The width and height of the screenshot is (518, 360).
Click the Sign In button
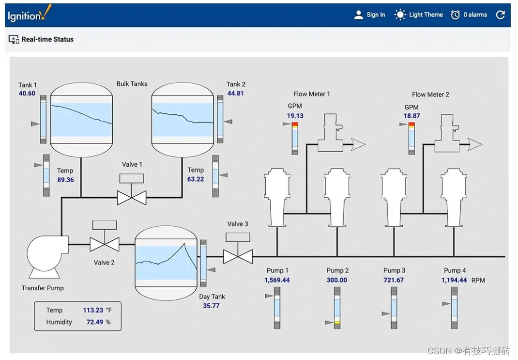coord(370,15)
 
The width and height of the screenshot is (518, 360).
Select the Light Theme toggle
coord(419,15)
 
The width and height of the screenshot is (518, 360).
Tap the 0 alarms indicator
coord(469,15)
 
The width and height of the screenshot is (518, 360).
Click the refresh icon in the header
coord(501,15)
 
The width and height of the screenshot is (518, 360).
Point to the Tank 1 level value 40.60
coord(27,94)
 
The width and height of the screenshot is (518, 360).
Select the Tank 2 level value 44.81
coord(235,93)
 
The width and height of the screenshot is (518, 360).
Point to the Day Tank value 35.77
coord(211,306)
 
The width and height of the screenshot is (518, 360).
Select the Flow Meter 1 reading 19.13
coord(295,116)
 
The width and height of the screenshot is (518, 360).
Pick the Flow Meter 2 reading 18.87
coord(412,116)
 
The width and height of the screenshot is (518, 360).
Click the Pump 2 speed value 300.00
coord(337,280)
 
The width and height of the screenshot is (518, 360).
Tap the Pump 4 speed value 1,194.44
coord(454,280)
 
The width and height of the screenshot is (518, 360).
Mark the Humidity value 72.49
coord(95,322)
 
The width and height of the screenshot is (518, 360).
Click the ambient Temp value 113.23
coord(93,311)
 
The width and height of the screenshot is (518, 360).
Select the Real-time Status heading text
coord(47,39)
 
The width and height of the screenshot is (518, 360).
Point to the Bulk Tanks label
coord(132,84)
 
